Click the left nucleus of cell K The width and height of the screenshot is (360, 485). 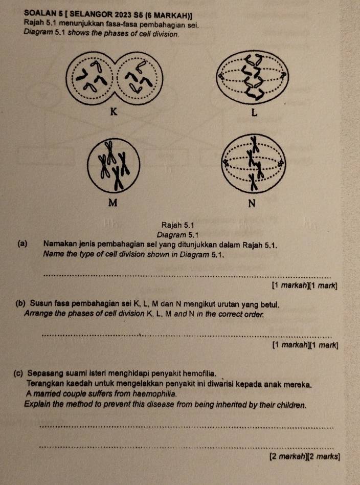(x=92, y=77)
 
